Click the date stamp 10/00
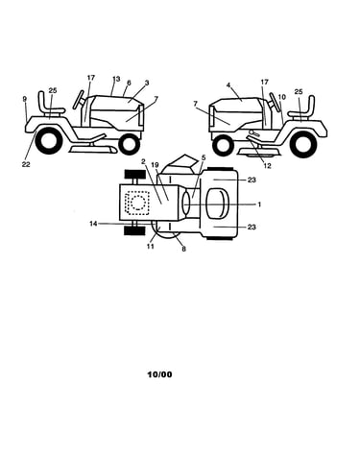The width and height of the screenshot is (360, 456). pyautogui.click(x=159, y=374)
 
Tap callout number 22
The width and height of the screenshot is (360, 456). pyautogui.click(x=26, y=164)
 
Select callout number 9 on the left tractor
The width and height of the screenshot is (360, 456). pyautogui.click(x=25, y=99)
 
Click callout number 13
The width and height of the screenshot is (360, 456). pyautogui.click(x=116, y=79)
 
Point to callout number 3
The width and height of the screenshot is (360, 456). pyautogui.click(x=147, y=83)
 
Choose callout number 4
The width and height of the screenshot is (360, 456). pyautogui.click(x=228, y=85)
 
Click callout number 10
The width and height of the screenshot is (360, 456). pyautogui.click(x=282, y=97)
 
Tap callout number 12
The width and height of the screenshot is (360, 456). pyautogui.click(x=267, y=166)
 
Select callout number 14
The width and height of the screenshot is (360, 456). pyautogui.click(x=93, y=224)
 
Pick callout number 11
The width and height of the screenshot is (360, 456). pyautogui.click(x=151, y=246)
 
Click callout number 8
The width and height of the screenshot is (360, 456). pyautogui.click(x=183, y=249)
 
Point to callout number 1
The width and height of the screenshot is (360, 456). pyautogui.click(x=259, y=204)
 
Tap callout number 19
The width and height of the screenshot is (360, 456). pyautogui.click(x=155, y=165)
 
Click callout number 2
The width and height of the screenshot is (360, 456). pyautogui.click(x=143, y=160)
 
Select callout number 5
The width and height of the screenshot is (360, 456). pyautogui.click(x=204, y=157)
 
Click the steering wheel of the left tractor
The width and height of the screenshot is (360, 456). pyautogui.click(x=79, y=100)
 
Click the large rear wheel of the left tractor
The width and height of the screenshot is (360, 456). pyautogui.click(x=49, y=140)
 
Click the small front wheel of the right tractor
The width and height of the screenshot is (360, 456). pyautogui.click(x=223, y=146)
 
